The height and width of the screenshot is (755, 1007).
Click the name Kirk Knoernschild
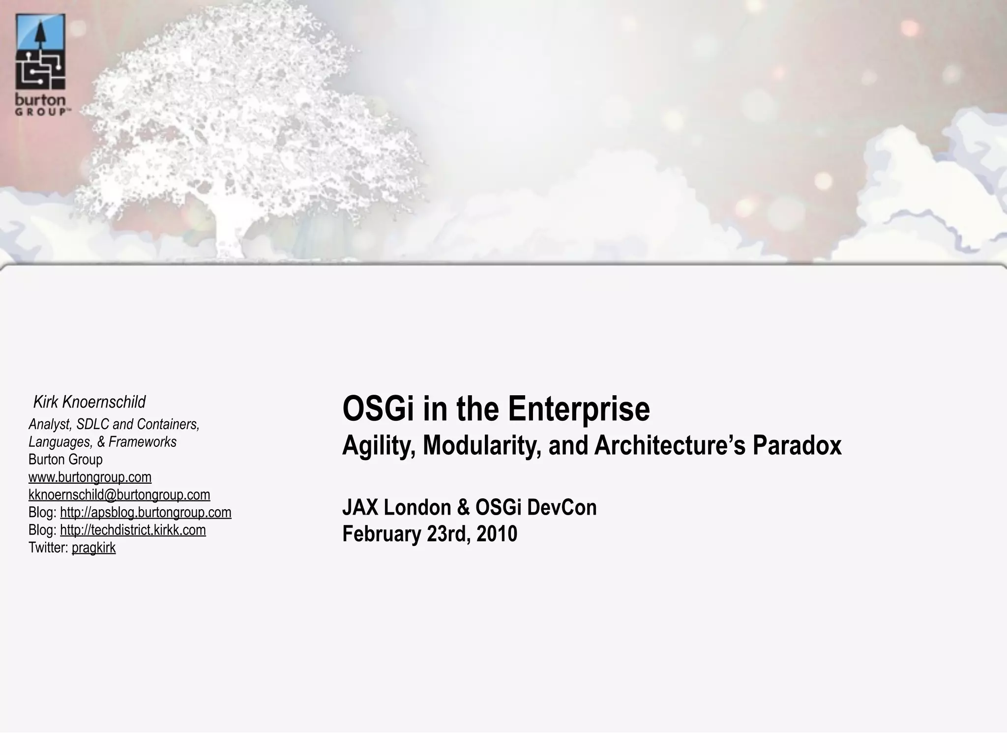[89, 402]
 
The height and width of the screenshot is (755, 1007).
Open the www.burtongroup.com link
[90, 477]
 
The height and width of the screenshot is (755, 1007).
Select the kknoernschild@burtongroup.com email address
[119, 494]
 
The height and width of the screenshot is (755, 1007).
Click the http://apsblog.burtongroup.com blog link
[146, 512]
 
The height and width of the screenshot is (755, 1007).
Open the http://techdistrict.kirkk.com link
[133, 530]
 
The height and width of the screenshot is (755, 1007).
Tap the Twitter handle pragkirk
[93, 548]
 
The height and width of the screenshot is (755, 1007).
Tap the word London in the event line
[417, 507]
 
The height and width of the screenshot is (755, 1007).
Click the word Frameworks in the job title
[142, 442]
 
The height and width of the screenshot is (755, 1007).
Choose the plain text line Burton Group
[65, 460]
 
